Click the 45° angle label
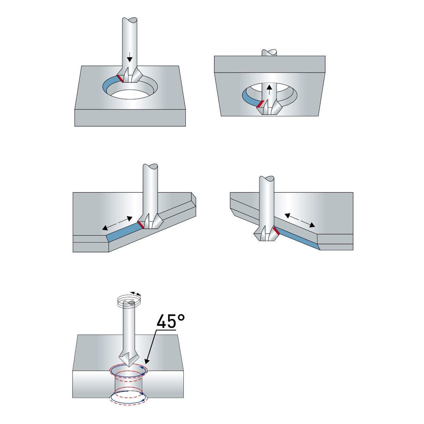[171, 322]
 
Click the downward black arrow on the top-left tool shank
[130, 57]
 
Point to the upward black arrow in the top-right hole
[269, 89]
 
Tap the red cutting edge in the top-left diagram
[120, 78]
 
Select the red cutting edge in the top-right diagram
[261, 104]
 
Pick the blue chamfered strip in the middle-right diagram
[297, 239]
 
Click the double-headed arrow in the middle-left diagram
[117, 223]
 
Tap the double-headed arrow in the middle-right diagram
[300, 220]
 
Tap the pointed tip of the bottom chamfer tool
[129, 366]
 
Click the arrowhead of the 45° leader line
[146, 361]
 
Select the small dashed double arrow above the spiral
[135, 293]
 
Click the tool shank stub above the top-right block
[269, 53]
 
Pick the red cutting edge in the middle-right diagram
[276, 230]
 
